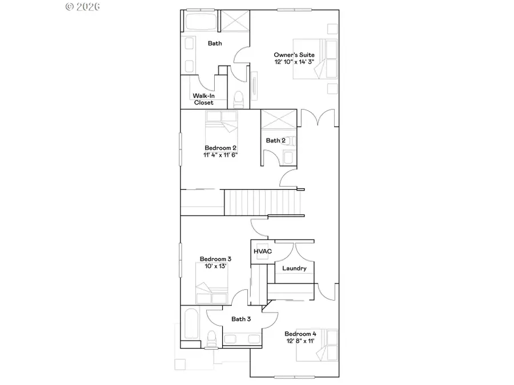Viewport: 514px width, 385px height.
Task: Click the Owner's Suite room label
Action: coord(294,55)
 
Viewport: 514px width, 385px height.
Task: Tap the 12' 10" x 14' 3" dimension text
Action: coord(294,62)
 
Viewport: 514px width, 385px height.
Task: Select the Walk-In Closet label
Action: coord(203,99)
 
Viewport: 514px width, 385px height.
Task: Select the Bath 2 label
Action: coord(275,140)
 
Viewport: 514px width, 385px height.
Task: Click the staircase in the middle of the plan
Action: coord(245,203)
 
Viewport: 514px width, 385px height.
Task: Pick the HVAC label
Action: coord(262,251)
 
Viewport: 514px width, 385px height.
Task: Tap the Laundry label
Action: coord(294,268)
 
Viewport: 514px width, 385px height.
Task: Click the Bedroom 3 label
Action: coord(215,259)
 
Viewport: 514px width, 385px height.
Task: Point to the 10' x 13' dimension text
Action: coord(215,266)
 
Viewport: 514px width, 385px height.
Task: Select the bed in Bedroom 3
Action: coord(211,286)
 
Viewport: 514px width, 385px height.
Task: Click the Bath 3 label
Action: coord(241,319)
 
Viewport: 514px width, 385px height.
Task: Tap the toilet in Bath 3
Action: coord(211,338)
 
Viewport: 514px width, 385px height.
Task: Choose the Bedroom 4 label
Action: coord(300,334)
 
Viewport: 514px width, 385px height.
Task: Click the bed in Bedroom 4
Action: coord(317,346)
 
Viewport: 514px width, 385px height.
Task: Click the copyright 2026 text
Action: coord(83,7)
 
